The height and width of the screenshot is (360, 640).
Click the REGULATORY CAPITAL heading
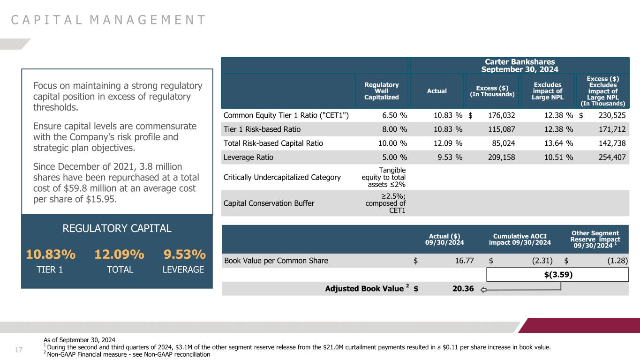tap(117, 229)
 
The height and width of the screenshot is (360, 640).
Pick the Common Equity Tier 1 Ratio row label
tap(286, 115)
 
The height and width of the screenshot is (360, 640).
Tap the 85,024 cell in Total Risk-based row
tap(501, 143)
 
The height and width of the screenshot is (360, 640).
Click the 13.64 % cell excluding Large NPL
tap(557, 143)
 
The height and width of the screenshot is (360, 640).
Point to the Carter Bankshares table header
tap(520, 65)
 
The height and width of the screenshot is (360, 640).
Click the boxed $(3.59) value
tap(557, 275)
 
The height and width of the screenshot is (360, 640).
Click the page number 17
tap(19, 349)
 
